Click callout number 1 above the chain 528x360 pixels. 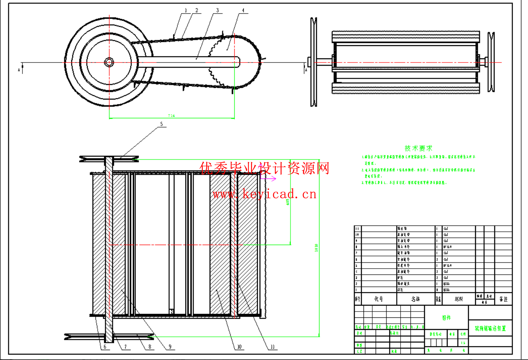tap(186, 11)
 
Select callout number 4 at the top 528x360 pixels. tap(243, 11)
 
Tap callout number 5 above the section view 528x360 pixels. tap(162, 124)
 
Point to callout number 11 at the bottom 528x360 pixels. tap(272, 347)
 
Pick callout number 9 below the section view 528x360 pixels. tap(170, 347)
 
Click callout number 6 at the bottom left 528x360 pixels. tap(105, 347)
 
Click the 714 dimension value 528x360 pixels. tap(171, 116)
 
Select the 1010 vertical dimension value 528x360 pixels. tap(316, 248)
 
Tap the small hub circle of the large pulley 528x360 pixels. tap(109, 62)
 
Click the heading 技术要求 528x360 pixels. tap(419, 148)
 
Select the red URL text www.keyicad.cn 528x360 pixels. tap(264, 194)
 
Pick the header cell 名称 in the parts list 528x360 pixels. tap(416, 299)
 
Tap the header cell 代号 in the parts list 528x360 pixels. tap(379, 299)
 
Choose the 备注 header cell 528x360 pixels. tap(503, 299)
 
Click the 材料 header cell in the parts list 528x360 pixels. tap(459, 299)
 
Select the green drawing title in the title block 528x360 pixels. tap(490, 328)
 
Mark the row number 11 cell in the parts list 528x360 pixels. tap(357, 228)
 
